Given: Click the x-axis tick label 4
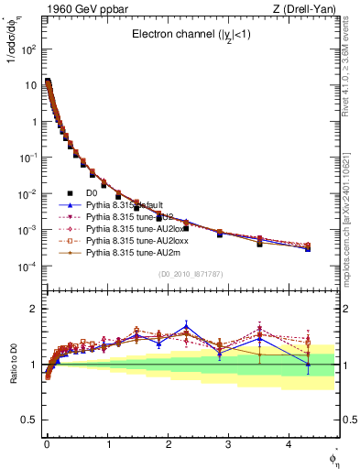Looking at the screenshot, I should [289, 443].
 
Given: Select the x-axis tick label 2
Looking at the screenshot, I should [168, 443].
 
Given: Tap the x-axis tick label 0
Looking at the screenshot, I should [47, 443].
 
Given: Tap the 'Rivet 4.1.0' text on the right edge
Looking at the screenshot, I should [351, 69].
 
